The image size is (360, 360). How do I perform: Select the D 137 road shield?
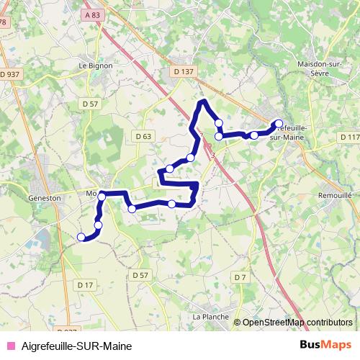click(184, 71)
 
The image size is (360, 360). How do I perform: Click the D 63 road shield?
click(143, 136)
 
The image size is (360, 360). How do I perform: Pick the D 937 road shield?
click(10, 74)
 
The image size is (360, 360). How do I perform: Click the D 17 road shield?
click(84, 286)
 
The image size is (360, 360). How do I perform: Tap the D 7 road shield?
click(240, 278)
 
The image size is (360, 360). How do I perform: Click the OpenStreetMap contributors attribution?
click(297, 323)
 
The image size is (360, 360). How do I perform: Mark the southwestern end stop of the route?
click(81, 237)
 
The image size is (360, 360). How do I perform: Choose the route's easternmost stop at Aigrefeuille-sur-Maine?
click(279, 123)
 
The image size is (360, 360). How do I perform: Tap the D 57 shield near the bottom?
click(140, 275)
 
